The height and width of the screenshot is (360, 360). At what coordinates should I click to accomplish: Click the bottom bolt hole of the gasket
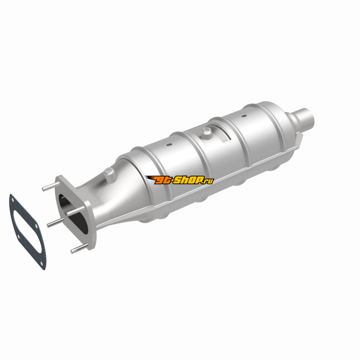[x=41, y=264]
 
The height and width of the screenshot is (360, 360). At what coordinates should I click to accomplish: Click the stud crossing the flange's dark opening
[x=75, y=211]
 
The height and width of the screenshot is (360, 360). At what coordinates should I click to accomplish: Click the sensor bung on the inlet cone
[x=110, y=174]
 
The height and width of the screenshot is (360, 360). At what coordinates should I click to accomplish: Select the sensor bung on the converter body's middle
[x=206, y=133]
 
